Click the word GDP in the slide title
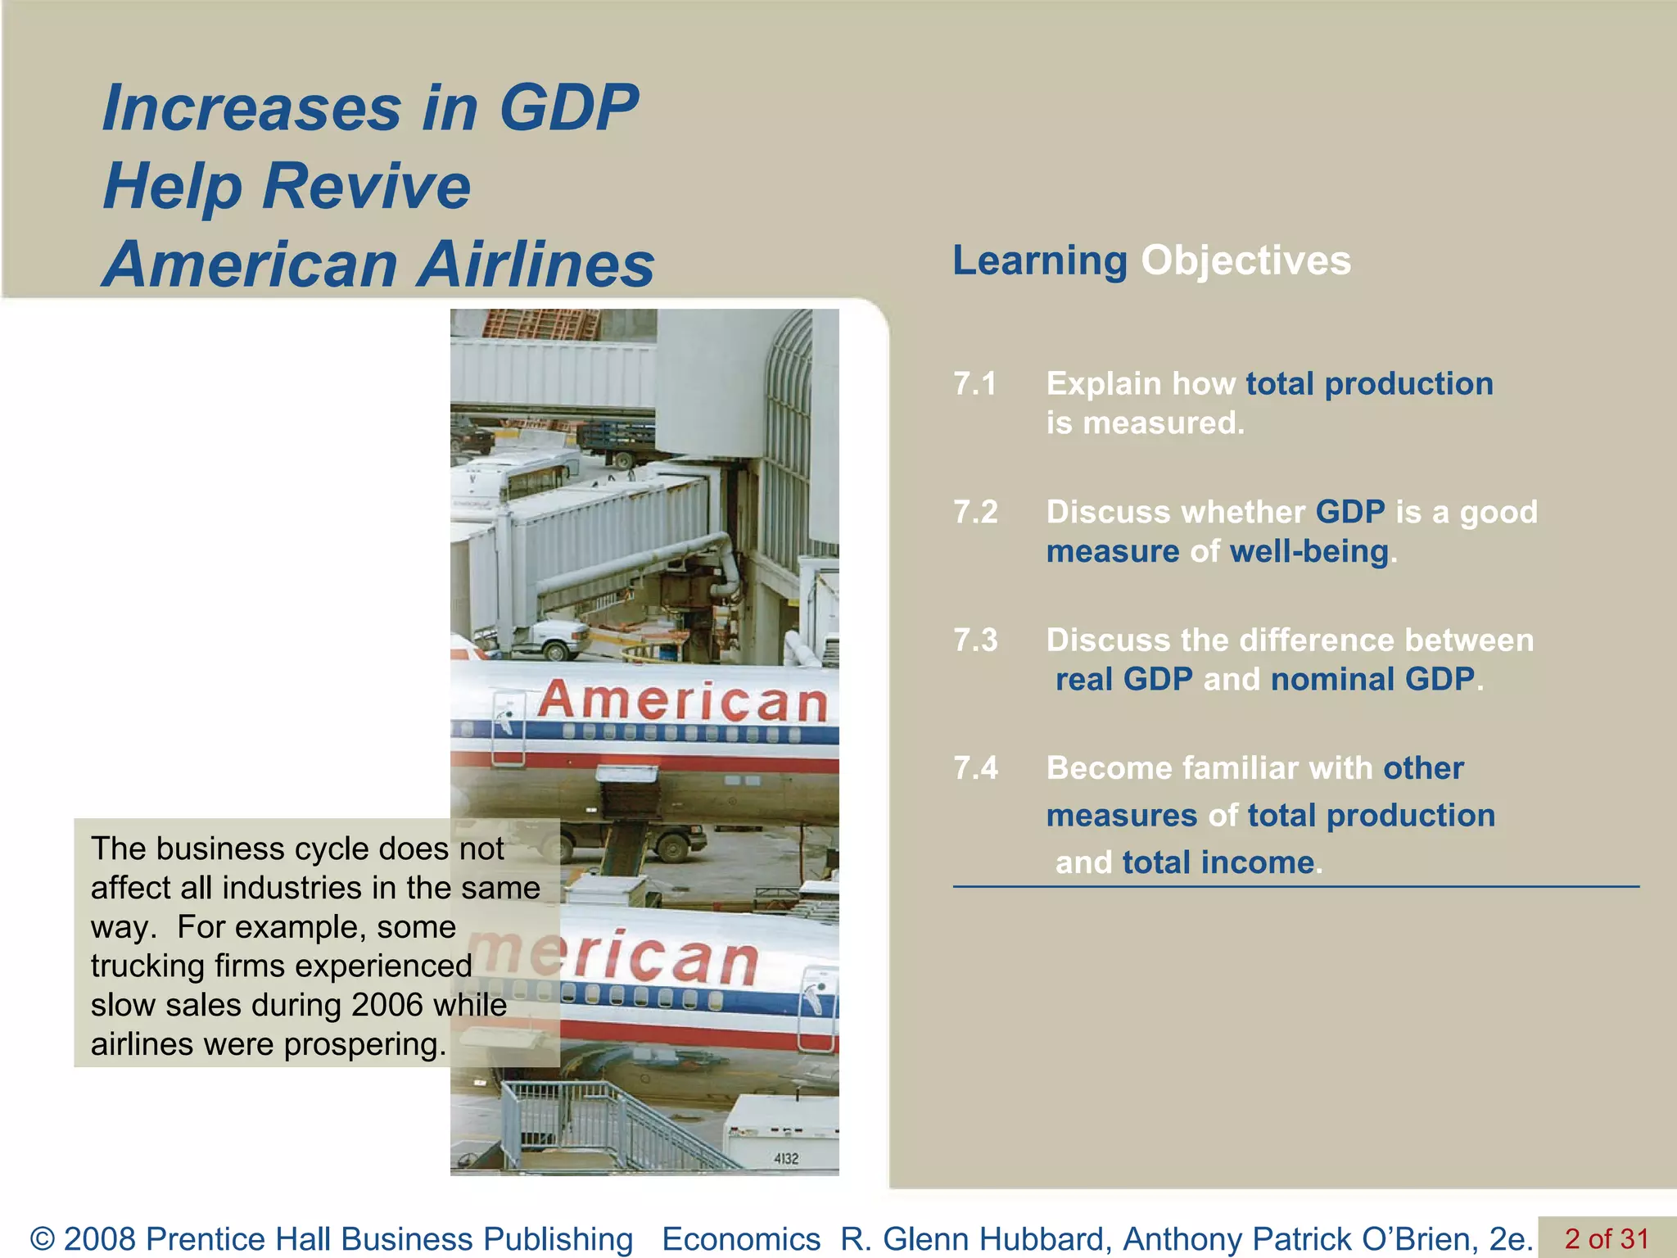tap(568, 108)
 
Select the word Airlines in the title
tap(538, 265)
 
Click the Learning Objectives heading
tap(1150, 261)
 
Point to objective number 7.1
tap(974, 384)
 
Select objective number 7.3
tap(974, 640)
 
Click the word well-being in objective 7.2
tap(1309, 552)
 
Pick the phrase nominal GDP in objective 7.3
tap(1372, 680)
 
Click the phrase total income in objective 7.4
tap(1218, 863)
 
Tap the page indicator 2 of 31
tap(1606, 1238)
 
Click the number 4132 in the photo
tap(785, 1159)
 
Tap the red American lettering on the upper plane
tap(681, 701)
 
